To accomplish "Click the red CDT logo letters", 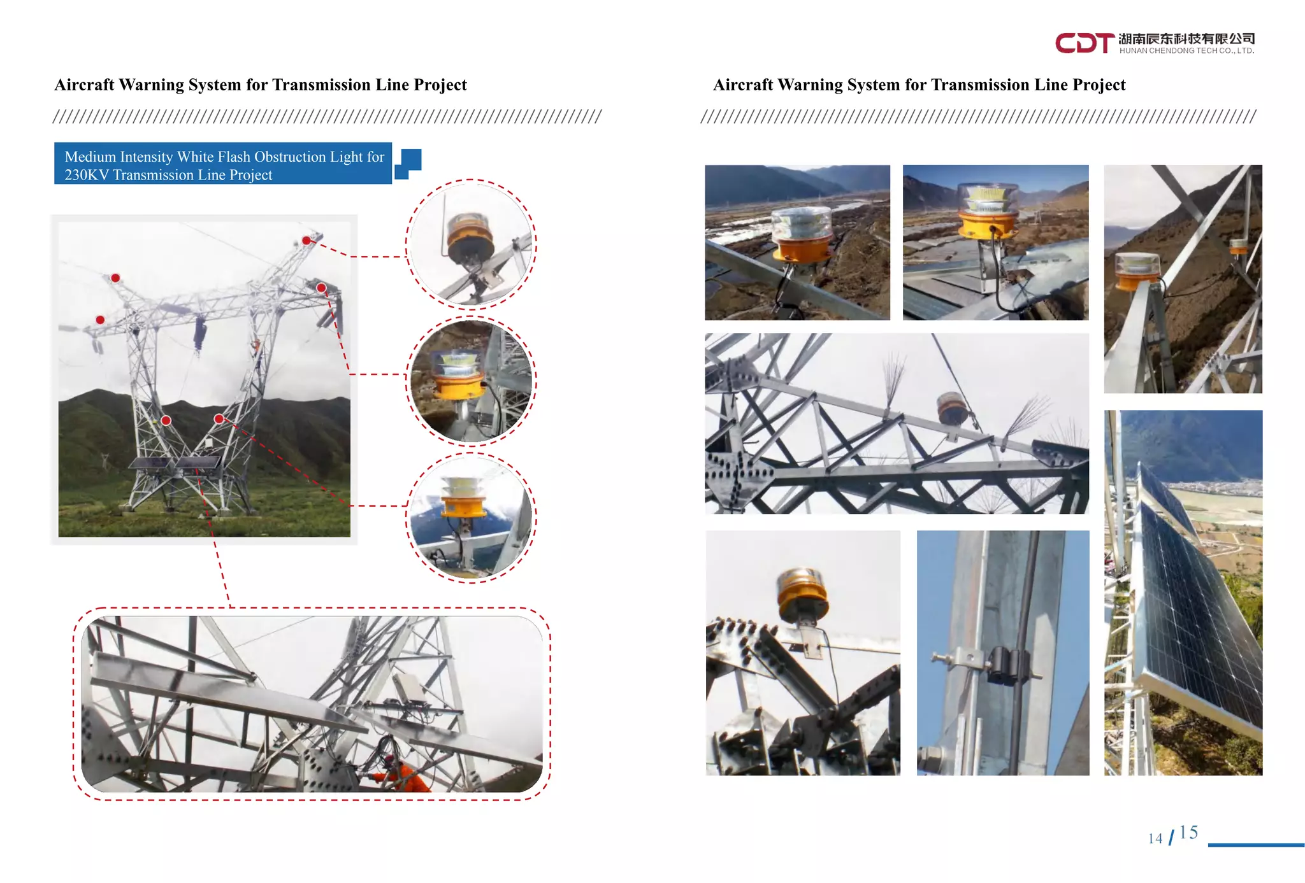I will point(1084,43).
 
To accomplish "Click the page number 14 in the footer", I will point(1155,838).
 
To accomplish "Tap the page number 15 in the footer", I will point(1188,833).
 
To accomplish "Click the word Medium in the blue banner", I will point(90,157).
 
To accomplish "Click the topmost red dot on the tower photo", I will point(306,241).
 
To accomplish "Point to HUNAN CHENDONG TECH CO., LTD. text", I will point(1186,51).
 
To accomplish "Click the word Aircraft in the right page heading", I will point(742,85).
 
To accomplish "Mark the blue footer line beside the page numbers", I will point(1255,845).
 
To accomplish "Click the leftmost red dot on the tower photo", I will point(100,320).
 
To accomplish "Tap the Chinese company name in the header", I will point(1186,39).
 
